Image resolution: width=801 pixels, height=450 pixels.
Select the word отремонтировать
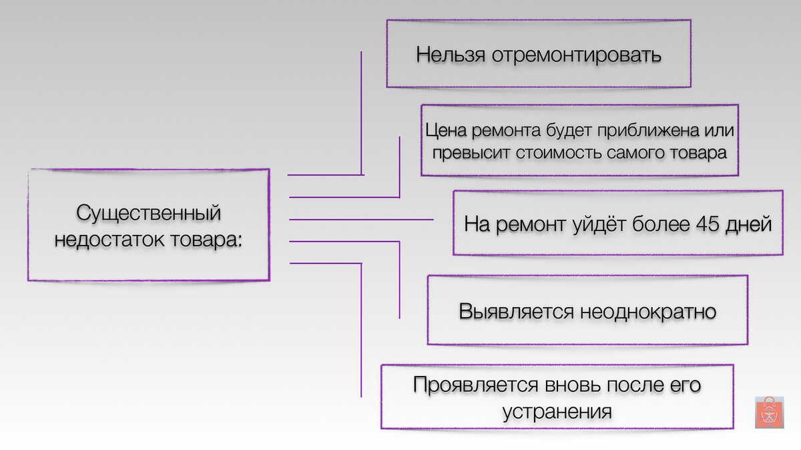point(577,55)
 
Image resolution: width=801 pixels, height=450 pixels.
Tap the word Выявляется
point(517,312)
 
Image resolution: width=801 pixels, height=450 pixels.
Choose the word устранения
point(557,411)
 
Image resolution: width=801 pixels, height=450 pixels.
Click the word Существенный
point(148,214)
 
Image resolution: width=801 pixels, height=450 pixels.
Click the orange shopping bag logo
point(768,413)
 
